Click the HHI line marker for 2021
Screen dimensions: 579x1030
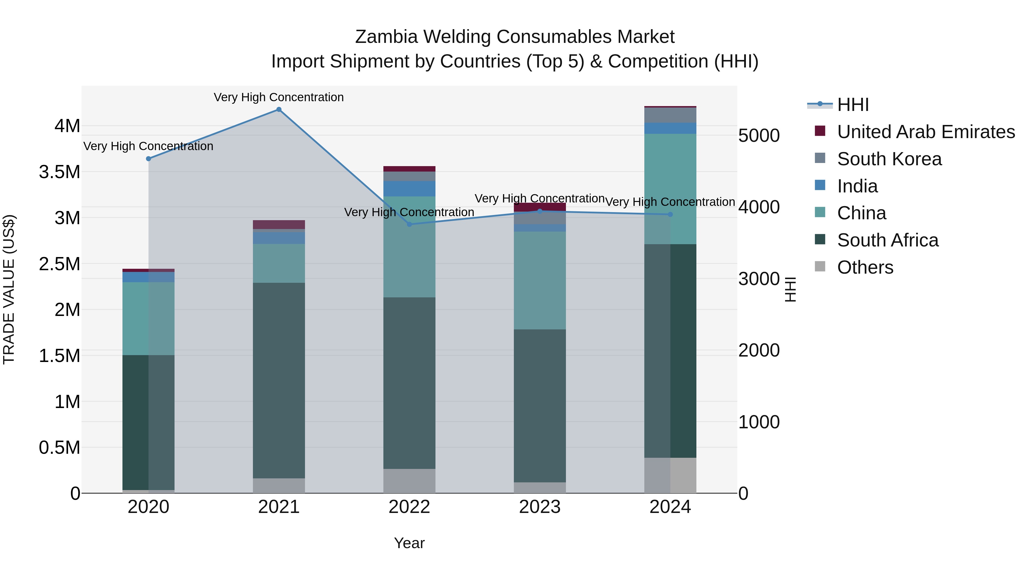279,110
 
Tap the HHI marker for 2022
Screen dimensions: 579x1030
409,224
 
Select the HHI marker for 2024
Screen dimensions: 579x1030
670,214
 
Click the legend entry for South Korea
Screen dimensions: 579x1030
889,159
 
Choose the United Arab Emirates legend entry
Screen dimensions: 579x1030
926,132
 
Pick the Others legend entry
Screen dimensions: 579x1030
865,267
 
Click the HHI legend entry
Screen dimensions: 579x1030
853,105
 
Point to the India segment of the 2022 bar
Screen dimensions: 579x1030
409,189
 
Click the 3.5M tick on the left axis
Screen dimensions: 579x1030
59,172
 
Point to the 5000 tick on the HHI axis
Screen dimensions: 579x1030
758,136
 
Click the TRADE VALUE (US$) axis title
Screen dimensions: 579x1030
9,289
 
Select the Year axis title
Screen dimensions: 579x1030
409,543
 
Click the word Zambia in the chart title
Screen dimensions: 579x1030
386,37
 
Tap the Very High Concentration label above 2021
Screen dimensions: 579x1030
279,97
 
